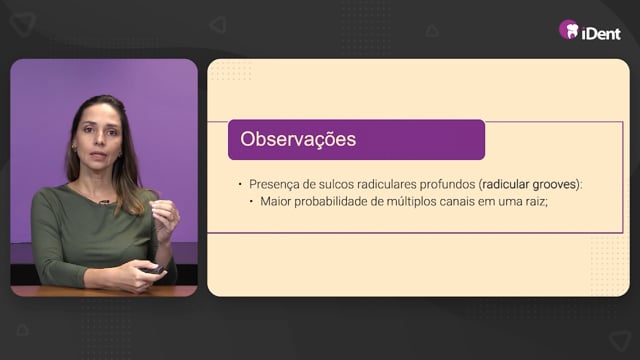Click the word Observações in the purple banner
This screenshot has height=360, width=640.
click(x=298, y=139)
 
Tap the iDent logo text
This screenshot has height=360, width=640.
click(x=601, y=33)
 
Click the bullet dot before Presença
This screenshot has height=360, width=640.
click(x=240, y=184)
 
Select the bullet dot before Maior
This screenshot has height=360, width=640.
click(x=251, y=202)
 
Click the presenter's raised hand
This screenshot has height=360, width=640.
click(x=164, y=219)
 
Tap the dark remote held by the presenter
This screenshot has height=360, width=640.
click(x=153, y=270)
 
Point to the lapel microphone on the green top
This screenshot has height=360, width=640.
click(x=104, y=202)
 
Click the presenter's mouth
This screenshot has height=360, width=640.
click(x=98, y=156)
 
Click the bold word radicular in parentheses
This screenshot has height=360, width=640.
click(x=506, y=184)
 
